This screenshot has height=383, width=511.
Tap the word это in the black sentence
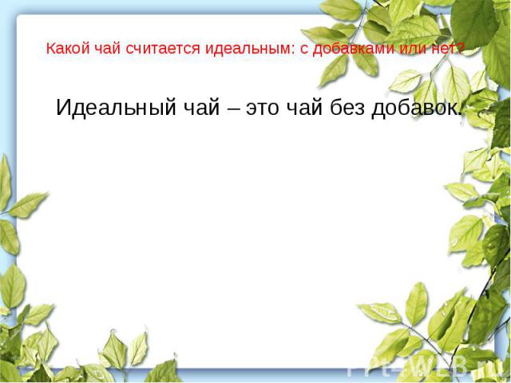click(x=263, y=109)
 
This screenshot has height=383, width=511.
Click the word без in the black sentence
click(x=347, y=107)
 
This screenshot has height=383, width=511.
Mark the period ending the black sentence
click(x=459, y=114)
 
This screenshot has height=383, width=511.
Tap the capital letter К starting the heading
click(x=51, y=49)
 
